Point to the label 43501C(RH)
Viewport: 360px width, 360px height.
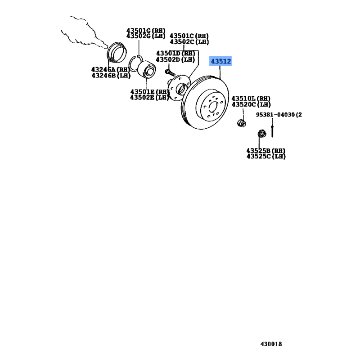click(189, 36)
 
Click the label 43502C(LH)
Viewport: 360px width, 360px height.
click(189, 41)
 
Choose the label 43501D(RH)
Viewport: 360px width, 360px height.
click(175, 54)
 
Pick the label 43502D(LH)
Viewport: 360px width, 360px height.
click(175, 59)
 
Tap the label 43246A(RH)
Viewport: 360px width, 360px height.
click(110, 69)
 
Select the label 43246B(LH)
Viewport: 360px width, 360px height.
click(110, 75)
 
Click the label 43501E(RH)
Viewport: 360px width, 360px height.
click(149, 92)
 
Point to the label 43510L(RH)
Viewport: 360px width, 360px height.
click(251, 99)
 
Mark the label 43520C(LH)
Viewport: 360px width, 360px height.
click(251, 104)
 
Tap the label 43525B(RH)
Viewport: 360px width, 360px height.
click(266, 150)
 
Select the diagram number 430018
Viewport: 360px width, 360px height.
click(271, 344)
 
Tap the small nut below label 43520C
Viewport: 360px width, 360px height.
click(242, 122)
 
